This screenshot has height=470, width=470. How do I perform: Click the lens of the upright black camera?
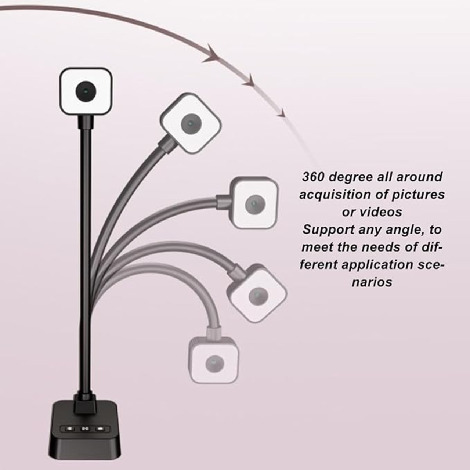tap(86, 91)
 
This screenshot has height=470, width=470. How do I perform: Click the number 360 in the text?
tap(313, 177)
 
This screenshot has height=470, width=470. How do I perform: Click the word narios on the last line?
tap(372, 282)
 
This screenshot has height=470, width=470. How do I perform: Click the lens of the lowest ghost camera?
tap(215, 363)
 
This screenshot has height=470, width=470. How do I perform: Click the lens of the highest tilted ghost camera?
tap(190, 123)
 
